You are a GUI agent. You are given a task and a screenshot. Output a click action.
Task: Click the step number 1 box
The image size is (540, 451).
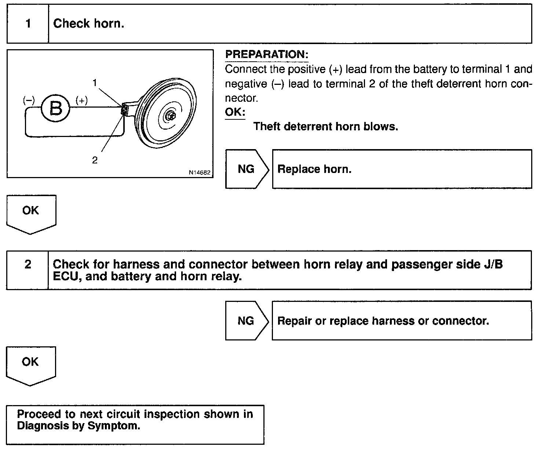click(x=28, y=24)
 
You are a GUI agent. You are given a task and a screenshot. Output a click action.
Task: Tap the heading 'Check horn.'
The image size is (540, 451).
click(x=89, y=24)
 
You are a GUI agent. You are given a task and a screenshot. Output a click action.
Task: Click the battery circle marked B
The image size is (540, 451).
click(x=55, y=108)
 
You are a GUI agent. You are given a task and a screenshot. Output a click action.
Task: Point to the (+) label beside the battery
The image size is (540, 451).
click(x=81, y=100)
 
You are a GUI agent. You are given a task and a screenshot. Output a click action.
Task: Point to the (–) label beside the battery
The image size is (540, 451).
click(x=28, y=100)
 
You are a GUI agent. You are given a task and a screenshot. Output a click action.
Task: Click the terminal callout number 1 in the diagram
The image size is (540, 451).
click(x=95, y=83)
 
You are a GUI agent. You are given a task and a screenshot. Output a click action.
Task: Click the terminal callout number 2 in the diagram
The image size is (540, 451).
click(x=95, y=160)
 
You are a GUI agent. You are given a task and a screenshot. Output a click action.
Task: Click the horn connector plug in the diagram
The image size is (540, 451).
click(x=125, y=109)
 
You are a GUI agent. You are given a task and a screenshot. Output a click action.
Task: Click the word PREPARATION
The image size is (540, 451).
click(x=266, y=55)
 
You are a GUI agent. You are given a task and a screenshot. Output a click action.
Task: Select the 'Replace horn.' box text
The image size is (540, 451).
click(x=314, y=169)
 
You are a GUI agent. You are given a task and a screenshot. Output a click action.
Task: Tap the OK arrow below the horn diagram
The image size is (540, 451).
click(x=31, y=213)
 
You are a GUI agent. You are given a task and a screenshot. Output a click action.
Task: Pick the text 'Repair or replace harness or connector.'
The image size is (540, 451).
click(x=383, y=321)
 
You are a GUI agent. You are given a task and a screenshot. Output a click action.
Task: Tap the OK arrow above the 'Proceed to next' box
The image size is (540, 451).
click(x=30, y=365)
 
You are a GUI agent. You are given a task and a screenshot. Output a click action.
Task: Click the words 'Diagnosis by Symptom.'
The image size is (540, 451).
click(x=79, y=426)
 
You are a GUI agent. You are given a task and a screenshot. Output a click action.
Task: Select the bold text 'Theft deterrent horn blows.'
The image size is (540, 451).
click(x=325, y=127)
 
